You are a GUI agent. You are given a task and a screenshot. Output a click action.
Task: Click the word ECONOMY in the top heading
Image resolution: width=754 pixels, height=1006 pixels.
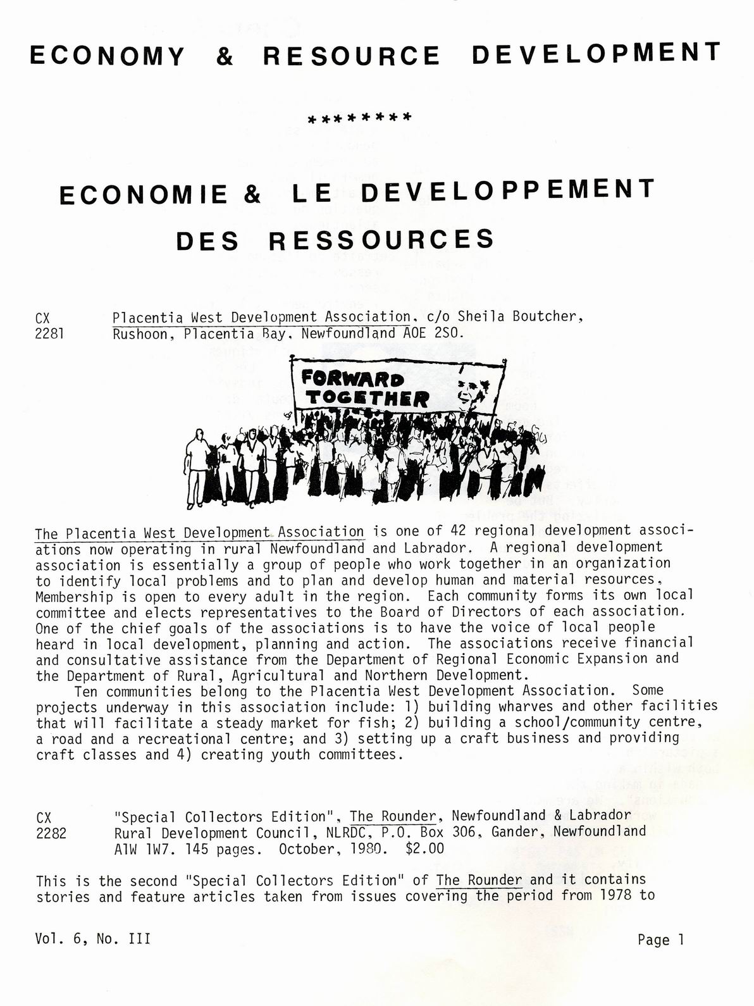tap(107, 56)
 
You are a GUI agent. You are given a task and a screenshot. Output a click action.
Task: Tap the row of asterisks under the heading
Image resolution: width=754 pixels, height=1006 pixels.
tap(359, 118)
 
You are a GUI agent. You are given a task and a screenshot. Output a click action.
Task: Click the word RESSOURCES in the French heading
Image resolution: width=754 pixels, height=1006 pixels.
tap(381, 240)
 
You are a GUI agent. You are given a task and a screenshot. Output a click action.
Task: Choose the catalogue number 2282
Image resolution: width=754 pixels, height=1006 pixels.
tap(51, 833)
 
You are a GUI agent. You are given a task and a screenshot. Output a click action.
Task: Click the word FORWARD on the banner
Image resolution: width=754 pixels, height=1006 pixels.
tap(352, 379)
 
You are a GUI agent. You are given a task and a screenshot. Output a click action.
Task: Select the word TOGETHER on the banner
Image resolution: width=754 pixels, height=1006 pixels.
tap(367, 399)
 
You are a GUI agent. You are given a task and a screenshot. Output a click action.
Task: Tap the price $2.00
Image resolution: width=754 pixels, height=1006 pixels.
tap(425, 848)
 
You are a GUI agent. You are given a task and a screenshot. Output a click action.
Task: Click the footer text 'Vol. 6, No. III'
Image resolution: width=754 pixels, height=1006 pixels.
tap(93, 939)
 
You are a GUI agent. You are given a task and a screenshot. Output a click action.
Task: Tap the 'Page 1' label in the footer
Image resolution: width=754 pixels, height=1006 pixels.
tap(661, 940)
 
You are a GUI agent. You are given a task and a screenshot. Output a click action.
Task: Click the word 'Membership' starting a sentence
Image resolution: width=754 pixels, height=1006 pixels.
tap(74, 597)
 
